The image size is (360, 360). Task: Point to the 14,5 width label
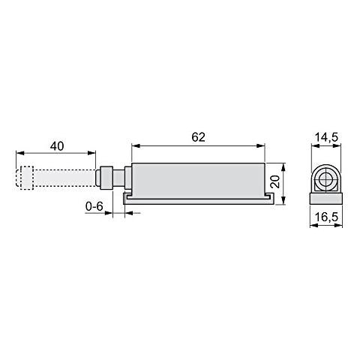tap(325, 136)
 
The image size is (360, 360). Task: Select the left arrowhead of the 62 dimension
tap(133, 145)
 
